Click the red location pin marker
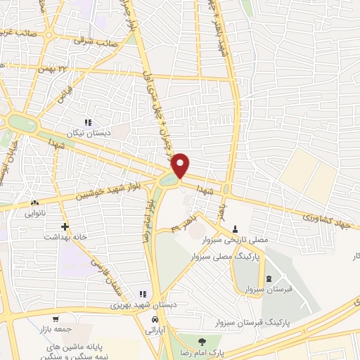(x=181, y=165)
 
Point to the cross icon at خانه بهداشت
(x=65, y=227)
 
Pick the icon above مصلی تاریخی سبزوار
(x=235, y=229)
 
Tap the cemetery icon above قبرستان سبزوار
(x=269, y=278)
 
